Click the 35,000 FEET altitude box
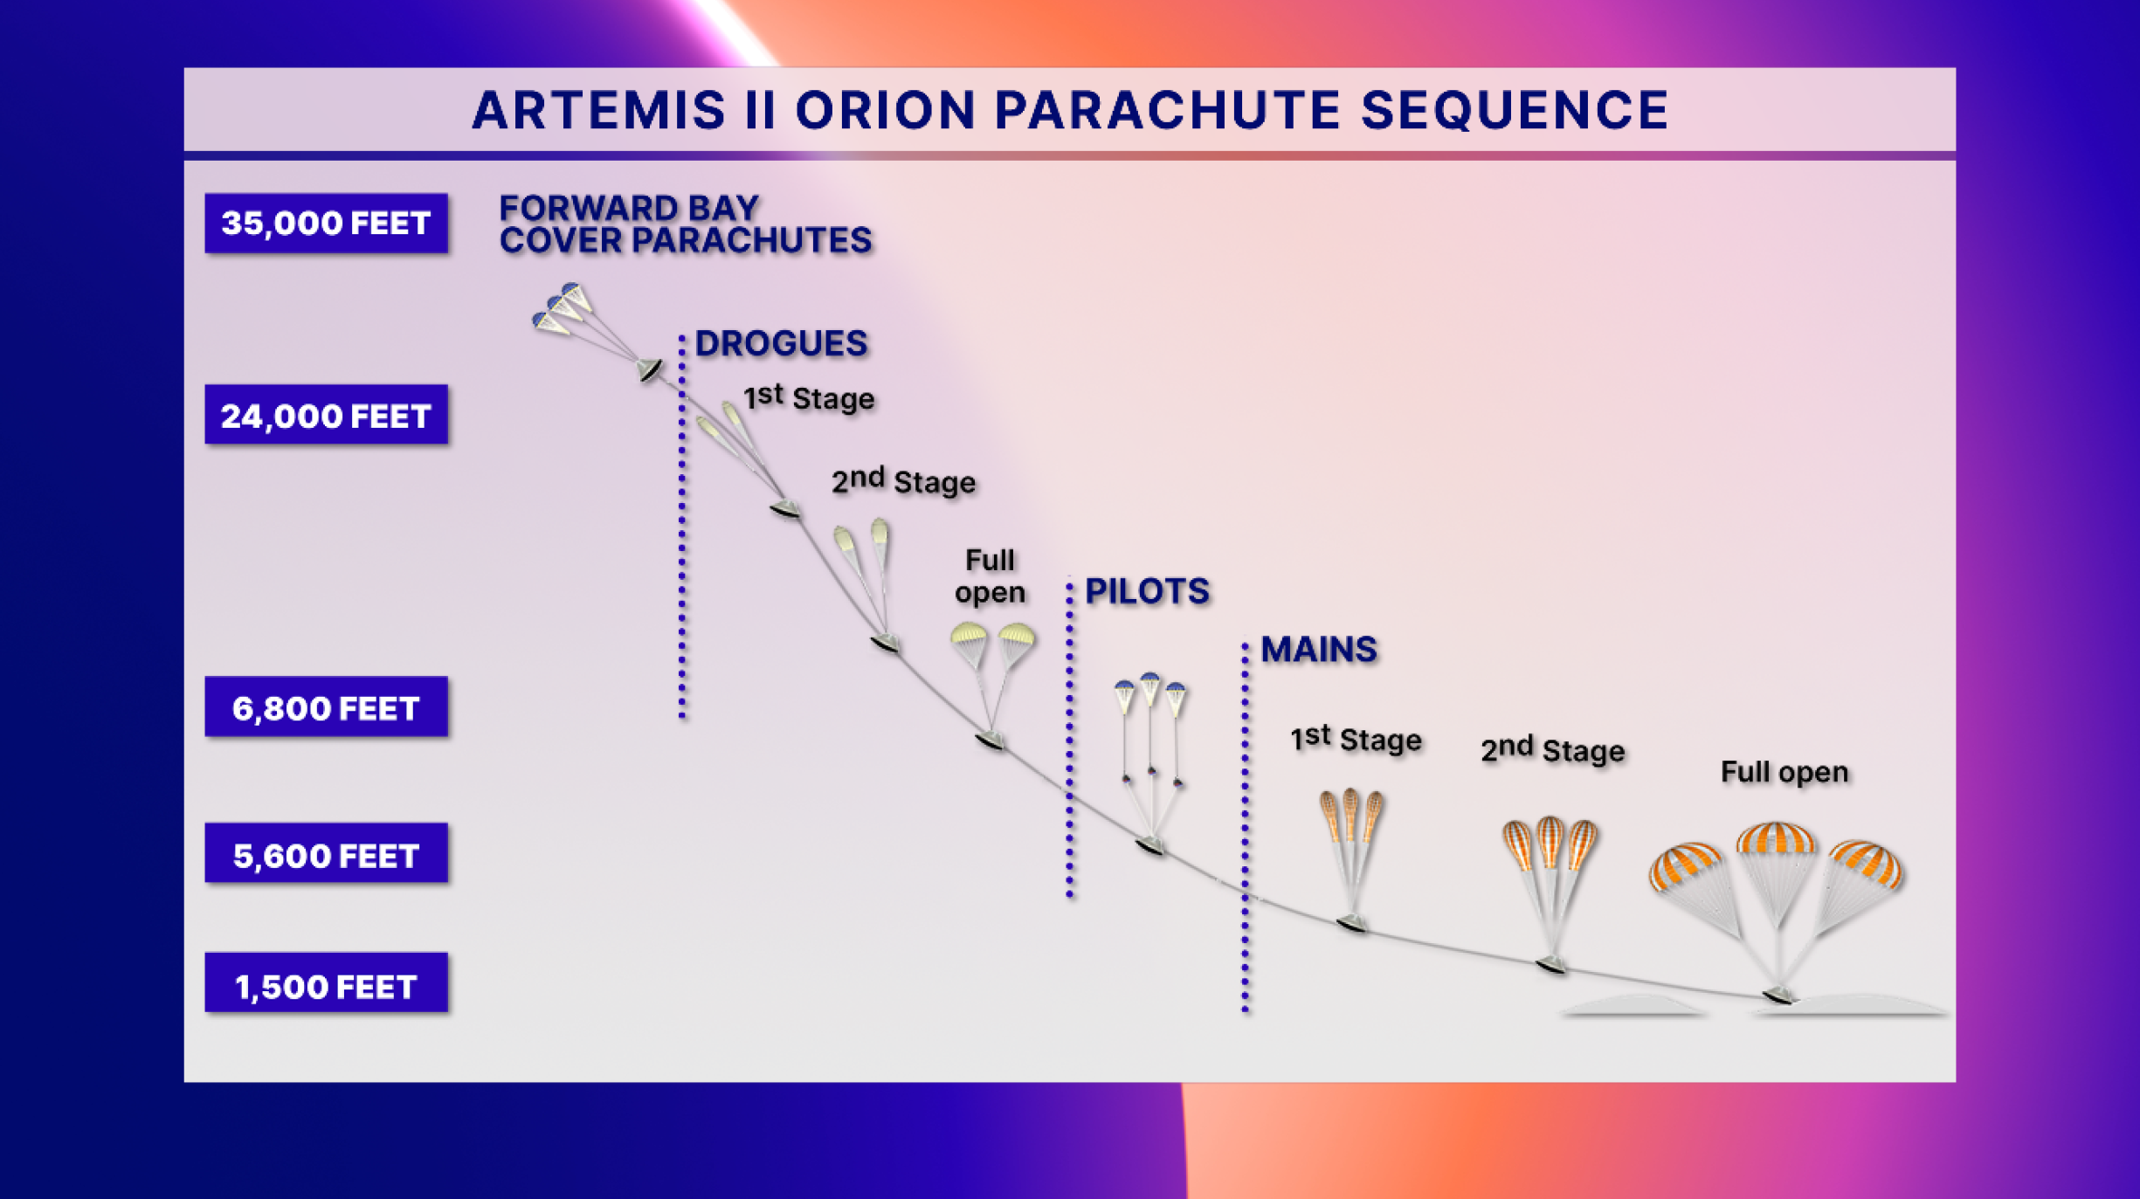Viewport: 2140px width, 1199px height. coord(326,224)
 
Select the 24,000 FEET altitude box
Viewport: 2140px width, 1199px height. coord(326,415)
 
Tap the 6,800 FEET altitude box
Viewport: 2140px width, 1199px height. coord(326,707)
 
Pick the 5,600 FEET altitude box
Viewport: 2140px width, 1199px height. coord(326,854)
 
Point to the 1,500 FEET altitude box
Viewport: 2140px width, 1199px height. coord(326,984)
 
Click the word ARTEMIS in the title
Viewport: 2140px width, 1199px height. coord(599,111)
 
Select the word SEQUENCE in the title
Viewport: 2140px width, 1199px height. coord(1515,111)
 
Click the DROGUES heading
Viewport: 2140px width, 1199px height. coord(781,343)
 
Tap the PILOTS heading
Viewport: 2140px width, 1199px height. coord(1147,591)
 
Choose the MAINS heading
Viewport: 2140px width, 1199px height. coord(1319,650)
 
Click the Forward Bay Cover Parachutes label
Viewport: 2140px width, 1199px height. coord(685,224)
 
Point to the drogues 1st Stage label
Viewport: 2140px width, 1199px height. coord(808,397)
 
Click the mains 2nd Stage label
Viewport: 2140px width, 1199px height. coord(1552,749)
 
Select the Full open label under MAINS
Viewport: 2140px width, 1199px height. coord(1784,772)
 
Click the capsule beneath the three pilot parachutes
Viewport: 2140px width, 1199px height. coord(1150,845)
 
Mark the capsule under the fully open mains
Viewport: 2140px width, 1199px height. coord(1778,995)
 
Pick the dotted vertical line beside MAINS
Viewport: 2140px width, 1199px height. coord(1245,830)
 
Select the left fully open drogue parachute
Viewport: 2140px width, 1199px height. coord(968,637)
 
